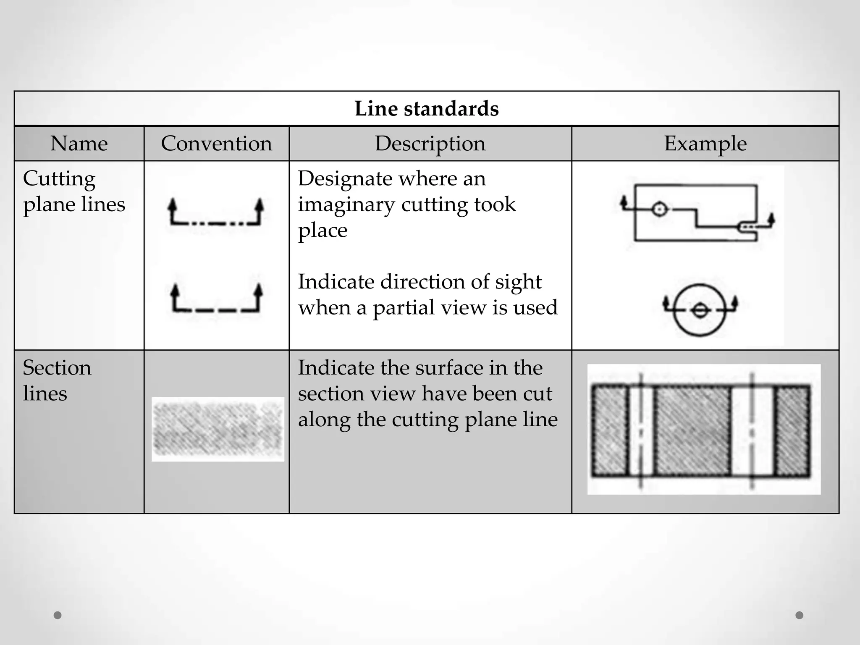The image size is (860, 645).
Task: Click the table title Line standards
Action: pyautogui.click(x=426, y=109)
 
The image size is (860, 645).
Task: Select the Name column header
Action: pyautogui.click(x=79, y=144)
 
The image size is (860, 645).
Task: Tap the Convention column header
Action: pyautogui.click(x=216, y=144)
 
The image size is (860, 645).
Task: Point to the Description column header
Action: pyautogui.click(x=430, y=144)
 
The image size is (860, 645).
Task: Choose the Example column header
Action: pyautogui.click(x=705, y=144)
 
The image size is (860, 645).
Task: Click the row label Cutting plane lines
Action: pyautogui.click(x=74, y=191)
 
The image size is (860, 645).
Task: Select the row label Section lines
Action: pyautogui.click(x=57, y=380)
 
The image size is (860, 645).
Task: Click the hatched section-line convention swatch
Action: pyautogui.click(x=218, y=429)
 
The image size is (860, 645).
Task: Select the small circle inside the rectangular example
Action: pyautogui.click(x=659, y=209)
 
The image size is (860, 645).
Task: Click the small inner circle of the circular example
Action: pyautogui.click(x=700, y=311)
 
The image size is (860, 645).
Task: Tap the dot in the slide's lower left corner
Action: pyautogui.click(x=58, y=615)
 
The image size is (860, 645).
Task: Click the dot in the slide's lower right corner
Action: pyautogui.click(x=800, y=615)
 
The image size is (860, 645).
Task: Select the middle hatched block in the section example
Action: pyautogui.click(x=692, y=430)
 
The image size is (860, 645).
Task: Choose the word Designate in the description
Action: pyautogui.click(x=345, y=179)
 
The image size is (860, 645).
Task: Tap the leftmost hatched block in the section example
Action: pyautogui.click(x=610, y=430)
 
